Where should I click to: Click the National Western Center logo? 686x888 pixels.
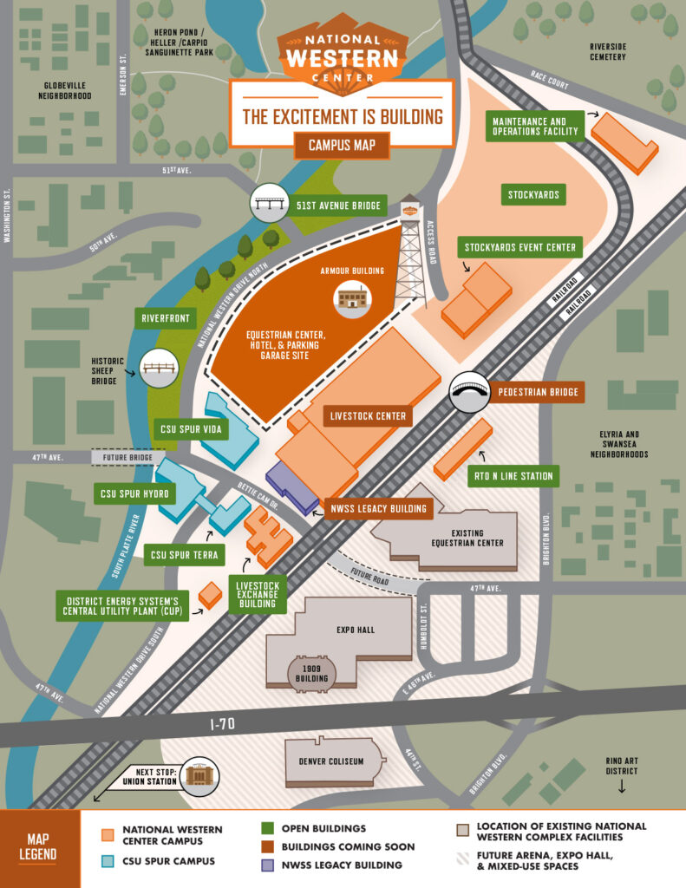(342, 52)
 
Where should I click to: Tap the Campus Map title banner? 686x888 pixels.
(342, 145)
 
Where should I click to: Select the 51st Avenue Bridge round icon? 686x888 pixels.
(268, 205)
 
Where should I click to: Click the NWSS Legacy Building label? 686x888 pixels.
(379, 508)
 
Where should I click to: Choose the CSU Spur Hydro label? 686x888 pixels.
(134, 493)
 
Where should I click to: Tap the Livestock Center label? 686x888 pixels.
(368, 416)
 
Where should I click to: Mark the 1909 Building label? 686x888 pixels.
(311, 673)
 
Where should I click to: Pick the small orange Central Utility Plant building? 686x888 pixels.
(210, 596)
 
